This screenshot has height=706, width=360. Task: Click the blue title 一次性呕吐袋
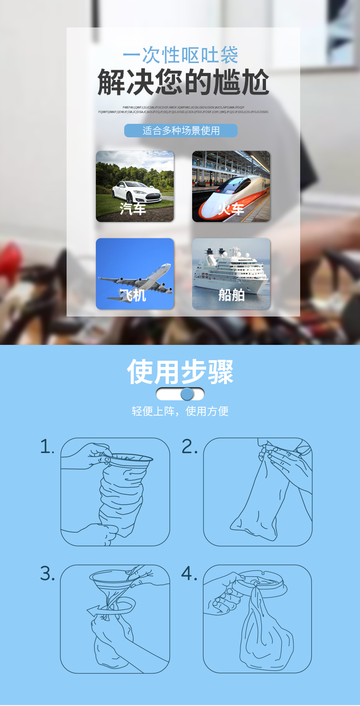[x=180, y=55]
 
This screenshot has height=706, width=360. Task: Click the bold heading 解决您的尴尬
[x=183, y=82]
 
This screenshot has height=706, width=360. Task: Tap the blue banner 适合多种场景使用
[x=180, y=131]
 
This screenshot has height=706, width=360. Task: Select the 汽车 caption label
[x=133, y=209]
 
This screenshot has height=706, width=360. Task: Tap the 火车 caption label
[x=231, y=209]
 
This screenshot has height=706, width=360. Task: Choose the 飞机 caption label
[x=133, y=295]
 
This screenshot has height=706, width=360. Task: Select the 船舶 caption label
[x=231, y=295]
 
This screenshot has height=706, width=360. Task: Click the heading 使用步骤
[x=180, y=372]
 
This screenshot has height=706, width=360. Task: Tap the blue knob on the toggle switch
[x=187, y=394]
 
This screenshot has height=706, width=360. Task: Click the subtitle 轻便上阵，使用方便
[x=180, y=411]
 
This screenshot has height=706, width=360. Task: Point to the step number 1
[x=46, y=447]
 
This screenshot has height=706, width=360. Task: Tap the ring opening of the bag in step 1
[x=130, y=457]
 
